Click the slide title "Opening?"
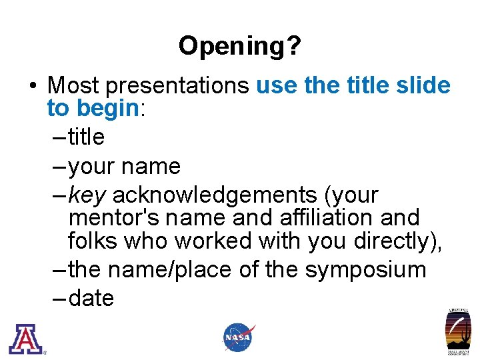[239, 46]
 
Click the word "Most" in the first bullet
[73, 85]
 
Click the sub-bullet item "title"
[87, 137]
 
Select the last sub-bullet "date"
[91, 299]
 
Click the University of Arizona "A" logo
[25, 339]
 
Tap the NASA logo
[238, 337]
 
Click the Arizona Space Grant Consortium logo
[458, 331]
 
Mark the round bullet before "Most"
[33, 86]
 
